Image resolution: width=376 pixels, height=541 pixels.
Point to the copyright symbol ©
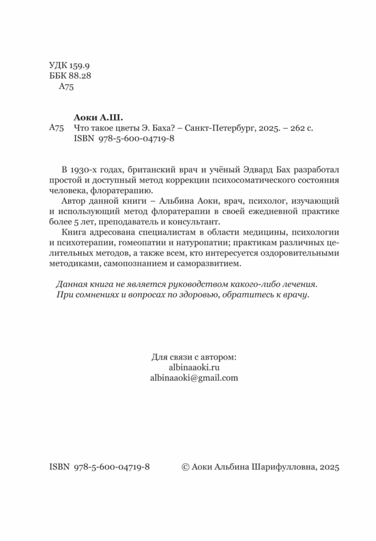(185, 467)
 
